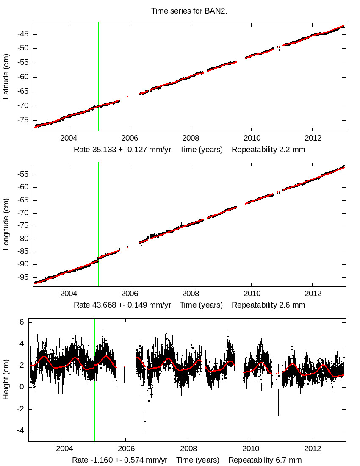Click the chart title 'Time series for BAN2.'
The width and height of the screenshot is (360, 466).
[x=189, y=11]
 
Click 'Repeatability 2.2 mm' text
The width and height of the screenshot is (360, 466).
[x=268, y=150]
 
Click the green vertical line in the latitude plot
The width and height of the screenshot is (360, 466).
[x=98, y=76]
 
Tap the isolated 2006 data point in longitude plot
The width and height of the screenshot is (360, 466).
[x=127, y=247]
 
